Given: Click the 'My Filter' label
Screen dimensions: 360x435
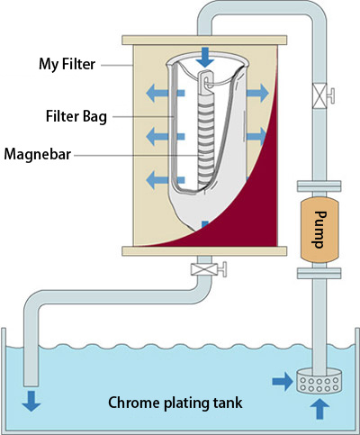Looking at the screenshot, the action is tap(67, 64).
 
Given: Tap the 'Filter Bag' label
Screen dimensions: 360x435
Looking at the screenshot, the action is tap(76, 116).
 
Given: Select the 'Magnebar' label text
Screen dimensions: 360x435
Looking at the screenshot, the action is tap(38, 154).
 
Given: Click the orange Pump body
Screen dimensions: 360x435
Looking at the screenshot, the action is tap(319, 230).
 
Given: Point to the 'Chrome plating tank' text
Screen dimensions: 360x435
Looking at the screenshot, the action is tap(175, 403).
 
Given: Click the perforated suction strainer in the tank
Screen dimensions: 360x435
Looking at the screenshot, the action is tap(319, 381).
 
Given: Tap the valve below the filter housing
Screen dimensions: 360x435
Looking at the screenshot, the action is tap(209, 269).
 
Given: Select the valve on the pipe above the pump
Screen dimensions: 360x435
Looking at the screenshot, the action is tap(323, 95).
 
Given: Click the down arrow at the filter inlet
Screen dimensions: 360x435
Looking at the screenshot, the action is tap(205, 57).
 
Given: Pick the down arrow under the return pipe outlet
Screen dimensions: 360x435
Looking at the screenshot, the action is tap(31, 401).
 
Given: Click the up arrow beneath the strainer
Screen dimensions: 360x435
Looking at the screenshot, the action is tap(319, 409).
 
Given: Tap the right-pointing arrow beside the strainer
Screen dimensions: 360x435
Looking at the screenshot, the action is tap(283, 382).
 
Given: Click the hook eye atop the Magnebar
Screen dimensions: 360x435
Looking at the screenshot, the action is tap(206, 79).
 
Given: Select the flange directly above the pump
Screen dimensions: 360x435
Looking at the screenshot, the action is tap(319, 186).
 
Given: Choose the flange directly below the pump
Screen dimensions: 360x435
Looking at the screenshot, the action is tap(319, 273).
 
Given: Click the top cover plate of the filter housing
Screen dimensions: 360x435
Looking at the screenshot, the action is tap(204, 41).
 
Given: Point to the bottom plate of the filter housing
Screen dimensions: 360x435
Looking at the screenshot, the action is tap(204, 251).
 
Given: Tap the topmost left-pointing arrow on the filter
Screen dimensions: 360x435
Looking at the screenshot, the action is tap(165, 93).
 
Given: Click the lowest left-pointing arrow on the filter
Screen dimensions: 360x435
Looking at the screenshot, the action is tap(165, 180).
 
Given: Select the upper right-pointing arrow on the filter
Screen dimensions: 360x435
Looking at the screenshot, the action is tap(257, 93).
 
